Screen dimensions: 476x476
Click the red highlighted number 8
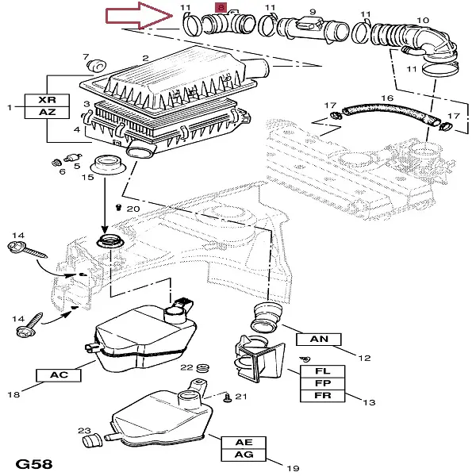pyautogui.click(x=220, y=7)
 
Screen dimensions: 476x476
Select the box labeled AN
pyautogui.click(x=318, y=339)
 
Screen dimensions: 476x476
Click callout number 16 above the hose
pyautogui.click(x=387, y=98)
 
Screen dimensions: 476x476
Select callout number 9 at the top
pyautogui.click(x=312, y=11)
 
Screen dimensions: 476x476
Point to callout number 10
pyautogui.click(x=423, y=19)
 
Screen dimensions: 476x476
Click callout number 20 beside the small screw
pyautogui.click(x=132, y=208)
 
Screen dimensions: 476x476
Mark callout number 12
pyautogui.click(x=364, y=358)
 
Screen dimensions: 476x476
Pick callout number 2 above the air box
pyautogui.click(x=145, y=58)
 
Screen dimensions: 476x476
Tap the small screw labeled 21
pyautogui.click(x=227, y=396)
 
